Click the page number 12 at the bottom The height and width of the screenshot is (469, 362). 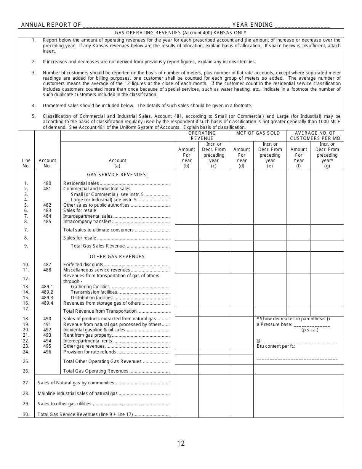181,443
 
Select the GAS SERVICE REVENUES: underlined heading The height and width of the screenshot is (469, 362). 117,175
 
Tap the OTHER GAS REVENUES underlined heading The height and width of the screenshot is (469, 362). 117,257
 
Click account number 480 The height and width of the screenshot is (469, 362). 47,183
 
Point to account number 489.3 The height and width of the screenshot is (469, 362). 47,298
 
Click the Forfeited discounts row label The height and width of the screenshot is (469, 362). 83,265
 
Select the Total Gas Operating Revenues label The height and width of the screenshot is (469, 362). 96,371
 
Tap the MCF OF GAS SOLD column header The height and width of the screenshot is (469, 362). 258,133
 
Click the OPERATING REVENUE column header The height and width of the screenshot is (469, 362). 202,136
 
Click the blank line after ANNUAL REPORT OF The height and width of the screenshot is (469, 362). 156,25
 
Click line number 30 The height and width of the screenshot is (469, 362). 26,414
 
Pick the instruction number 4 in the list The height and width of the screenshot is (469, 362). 34,106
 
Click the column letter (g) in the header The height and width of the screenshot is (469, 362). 327,166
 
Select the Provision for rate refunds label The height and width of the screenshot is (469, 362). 90,352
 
